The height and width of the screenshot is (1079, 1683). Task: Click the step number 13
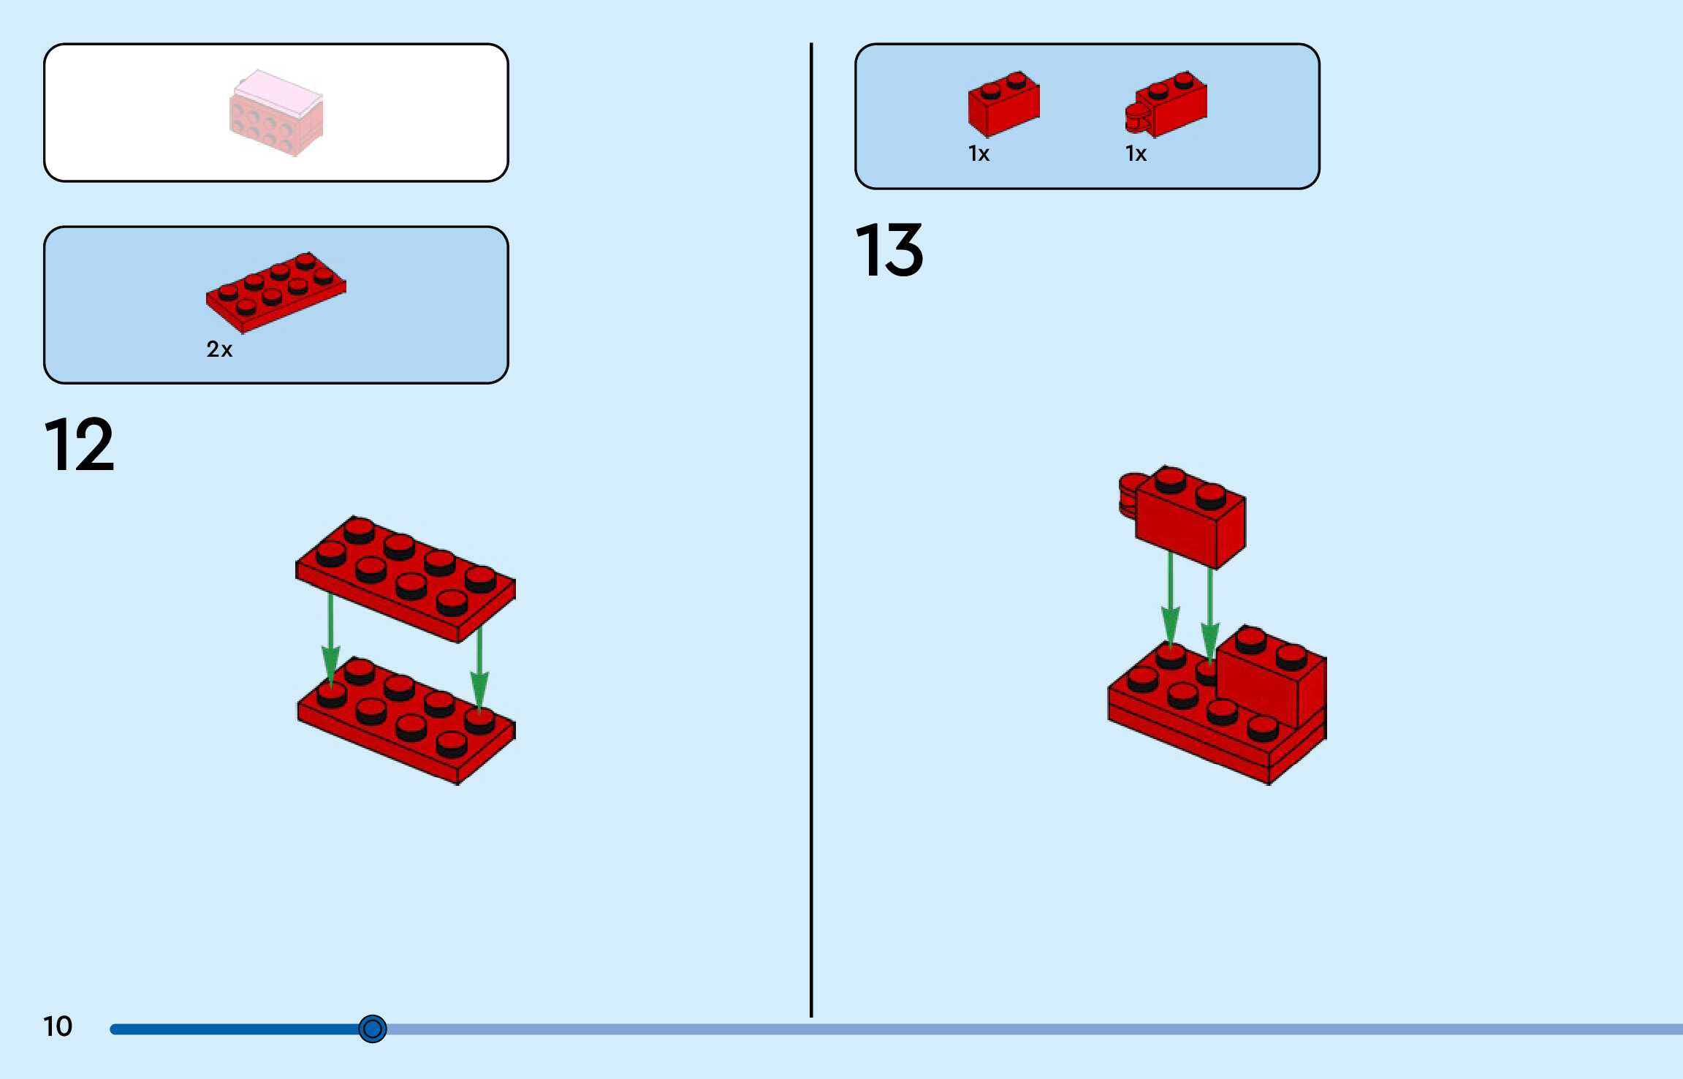click(889, 251)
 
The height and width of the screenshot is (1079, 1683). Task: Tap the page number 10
click(58, 1026)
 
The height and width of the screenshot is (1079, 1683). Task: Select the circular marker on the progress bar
click(372, 1029)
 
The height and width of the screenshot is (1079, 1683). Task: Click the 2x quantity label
click(219, 349)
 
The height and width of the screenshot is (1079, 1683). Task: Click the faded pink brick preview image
click(276, 113)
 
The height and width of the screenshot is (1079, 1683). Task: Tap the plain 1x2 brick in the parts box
click(1003, 105)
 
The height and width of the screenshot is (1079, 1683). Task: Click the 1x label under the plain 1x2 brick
click(979, 154)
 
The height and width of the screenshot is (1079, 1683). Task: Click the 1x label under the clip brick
click(1136, 154)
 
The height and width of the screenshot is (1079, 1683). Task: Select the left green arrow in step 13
click(1171, 599)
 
